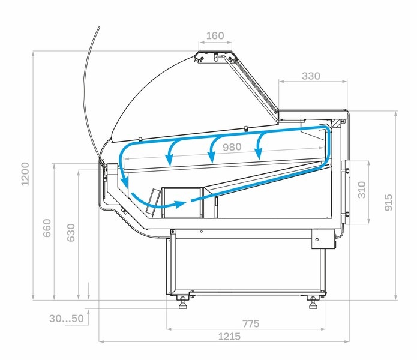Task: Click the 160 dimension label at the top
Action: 215,35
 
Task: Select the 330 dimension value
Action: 311,76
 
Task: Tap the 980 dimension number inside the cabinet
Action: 232,147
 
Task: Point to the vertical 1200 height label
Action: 25,174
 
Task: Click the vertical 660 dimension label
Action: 47,228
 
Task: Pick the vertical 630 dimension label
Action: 71,233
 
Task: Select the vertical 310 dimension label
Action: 362,190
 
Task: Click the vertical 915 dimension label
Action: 389,202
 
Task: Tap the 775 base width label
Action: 251,324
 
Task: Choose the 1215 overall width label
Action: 229,337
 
